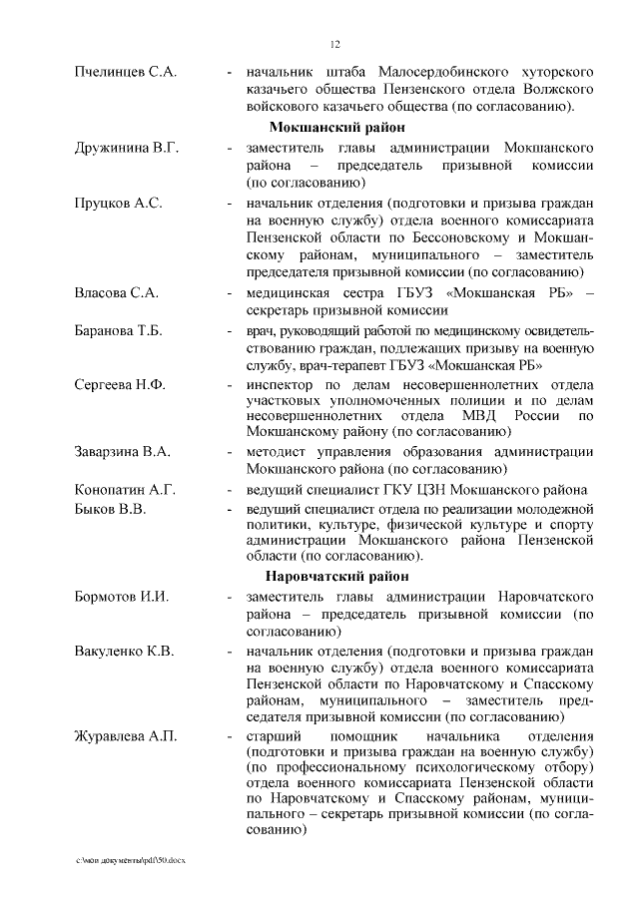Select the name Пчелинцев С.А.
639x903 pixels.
click(126, 73)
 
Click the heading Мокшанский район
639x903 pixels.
click(336, 127)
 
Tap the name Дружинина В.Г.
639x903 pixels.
click(127, 148)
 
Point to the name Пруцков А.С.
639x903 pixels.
click(118, 203)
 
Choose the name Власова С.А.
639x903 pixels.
click(117, 292)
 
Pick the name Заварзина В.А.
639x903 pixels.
click(123, 452)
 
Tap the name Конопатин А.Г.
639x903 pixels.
click(126, 490)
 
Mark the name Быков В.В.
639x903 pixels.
click(111, 509)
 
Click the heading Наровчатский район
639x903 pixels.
click(336, 576)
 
